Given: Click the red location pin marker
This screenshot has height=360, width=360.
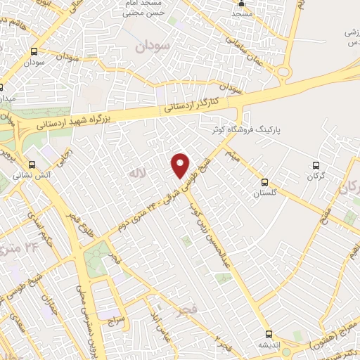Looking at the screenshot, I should (181, 165).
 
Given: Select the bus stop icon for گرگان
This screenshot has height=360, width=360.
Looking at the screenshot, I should (315, 166).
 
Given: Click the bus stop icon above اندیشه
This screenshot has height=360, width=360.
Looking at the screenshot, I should (267, 334).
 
